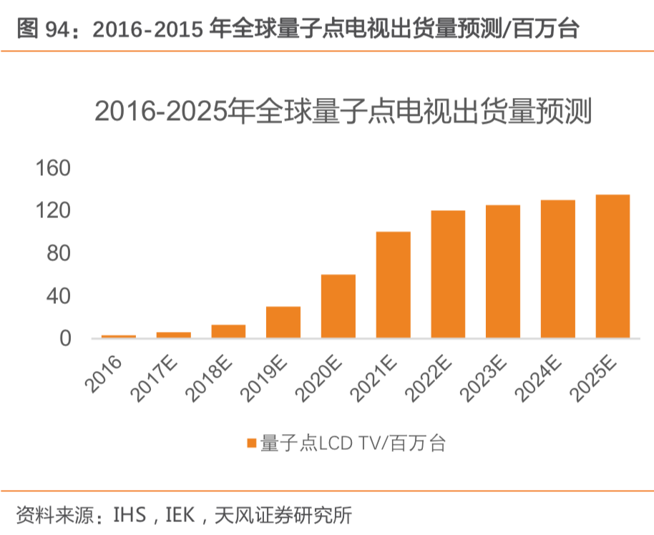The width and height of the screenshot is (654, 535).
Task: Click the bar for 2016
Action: point(119,336)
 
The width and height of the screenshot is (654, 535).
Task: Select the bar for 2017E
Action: point(174,335)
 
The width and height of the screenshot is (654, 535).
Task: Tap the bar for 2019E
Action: point(283,323)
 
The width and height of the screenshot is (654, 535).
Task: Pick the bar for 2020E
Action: point(338,306)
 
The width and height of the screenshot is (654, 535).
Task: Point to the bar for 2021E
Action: point(393,285)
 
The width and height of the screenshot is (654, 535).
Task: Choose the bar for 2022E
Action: point(448,274)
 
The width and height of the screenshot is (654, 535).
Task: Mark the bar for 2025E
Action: point(612,266)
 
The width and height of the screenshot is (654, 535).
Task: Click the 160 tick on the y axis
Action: point(54,169)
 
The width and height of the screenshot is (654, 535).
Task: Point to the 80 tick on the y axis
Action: point(61,254)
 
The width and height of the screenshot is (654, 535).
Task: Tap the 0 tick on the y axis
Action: point(67,338)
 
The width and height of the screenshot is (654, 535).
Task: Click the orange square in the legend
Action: point(251,443)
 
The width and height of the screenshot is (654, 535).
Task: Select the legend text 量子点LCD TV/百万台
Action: point(353,443)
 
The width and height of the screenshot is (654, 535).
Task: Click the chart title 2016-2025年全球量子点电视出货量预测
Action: point(343,112)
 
